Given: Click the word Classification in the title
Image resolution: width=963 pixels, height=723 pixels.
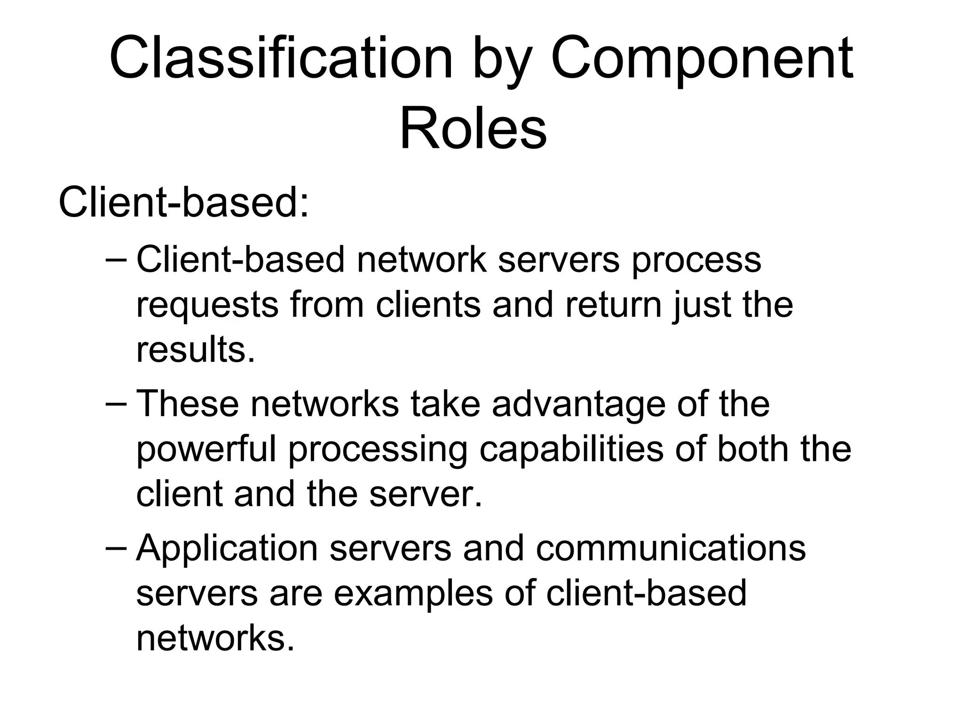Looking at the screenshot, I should click(281, 59).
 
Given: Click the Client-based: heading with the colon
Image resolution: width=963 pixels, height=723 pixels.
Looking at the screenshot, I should click(184, 203).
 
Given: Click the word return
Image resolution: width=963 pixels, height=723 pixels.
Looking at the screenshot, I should click(614, 305).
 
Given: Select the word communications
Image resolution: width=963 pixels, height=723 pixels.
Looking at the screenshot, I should click(671, 548).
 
